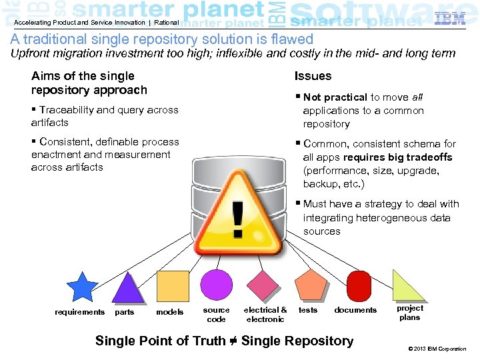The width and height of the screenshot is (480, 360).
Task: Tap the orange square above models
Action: [x=173, y=287]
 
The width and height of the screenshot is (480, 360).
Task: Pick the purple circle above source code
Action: [x=217, y=285]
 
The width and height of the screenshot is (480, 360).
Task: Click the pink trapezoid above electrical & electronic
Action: [x=263, y=286]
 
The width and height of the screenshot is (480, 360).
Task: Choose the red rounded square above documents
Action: [x=358, y=285]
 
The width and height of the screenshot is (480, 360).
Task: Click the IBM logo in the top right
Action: [x=449, y=19]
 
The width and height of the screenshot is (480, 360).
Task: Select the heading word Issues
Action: [x=313, y=76]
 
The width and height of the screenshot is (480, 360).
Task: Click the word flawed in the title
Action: [x=291, y=39]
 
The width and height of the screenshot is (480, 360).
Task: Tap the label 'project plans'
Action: [x=410, y=313]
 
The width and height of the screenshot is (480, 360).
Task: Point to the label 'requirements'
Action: [x=79, y=312]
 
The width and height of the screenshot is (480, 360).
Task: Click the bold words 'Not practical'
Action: [x=335, y=97]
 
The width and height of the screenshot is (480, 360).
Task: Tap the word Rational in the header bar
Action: [x=166, y=22]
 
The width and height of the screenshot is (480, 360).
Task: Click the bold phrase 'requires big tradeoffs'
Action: [x=397, y=157]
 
